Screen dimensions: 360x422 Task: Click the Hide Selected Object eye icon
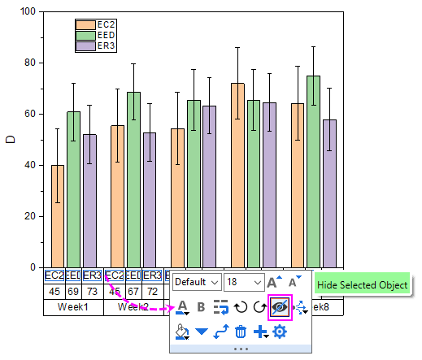[x=279, y=306]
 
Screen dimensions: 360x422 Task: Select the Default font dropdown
[x=196, y=281]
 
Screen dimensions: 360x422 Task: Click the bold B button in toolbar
[x=201, y=307]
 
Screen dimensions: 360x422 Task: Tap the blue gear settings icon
[x=279, y=332]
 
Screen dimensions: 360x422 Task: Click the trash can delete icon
[x=241, y=332]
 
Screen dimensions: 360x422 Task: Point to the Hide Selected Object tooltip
[x=362, y=285]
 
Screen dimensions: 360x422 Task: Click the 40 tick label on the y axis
[x=31, y=165]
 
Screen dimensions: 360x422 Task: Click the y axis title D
[x=11, y=140]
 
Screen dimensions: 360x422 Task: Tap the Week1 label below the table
[x=74, y=309]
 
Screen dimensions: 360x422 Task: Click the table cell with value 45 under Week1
[x=55, y=291]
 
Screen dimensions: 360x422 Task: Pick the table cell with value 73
[x=92, y=291]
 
